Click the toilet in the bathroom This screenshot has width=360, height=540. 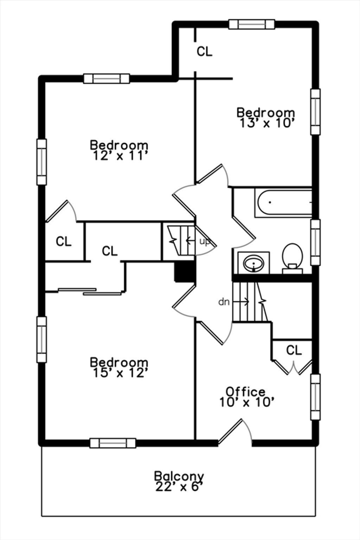click(292, 258)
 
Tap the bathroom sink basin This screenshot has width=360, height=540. click(253, 263)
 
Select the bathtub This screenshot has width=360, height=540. click(283, 202)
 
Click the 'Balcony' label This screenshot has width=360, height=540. click(179, 476)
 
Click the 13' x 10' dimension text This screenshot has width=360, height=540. click(267, 123)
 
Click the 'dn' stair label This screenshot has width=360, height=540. click(224, 302)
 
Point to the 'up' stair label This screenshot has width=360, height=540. click(205, 242)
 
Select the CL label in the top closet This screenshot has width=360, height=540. click(205, 51)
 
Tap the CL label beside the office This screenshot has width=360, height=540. click(294, 350)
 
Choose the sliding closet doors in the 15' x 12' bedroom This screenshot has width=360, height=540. click(90, 291)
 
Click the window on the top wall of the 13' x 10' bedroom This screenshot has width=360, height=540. click(252, 24)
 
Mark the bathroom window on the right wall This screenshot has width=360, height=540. click(315, 242)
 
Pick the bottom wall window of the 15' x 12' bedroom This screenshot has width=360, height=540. click(113, 443)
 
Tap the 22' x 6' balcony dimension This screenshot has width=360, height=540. click(179, 487)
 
